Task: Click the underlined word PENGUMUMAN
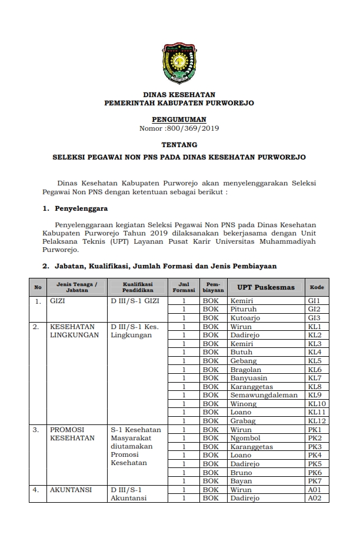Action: [179, 120]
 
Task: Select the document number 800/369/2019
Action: [191, 128]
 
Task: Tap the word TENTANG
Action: [179, 144]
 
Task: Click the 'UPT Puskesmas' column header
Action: [266, 287]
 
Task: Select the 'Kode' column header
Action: [316, 287]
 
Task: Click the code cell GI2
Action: [314, 309]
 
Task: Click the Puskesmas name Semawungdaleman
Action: [264, 395]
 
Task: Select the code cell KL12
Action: [316, 421]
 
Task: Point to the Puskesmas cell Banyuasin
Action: [248, 378]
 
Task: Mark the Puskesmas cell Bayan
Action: [241, 481]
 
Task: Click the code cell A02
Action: [315, 498]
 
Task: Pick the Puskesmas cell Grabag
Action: [243, 421]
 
